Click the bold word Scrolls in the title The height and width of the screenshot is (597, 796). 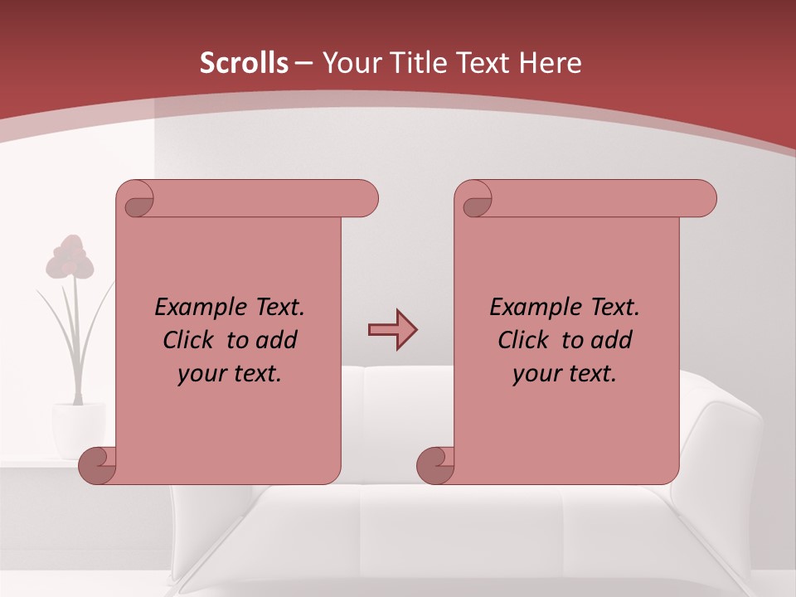pos(244,63)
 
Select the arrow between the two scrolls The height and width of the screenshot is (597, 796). pos(392,330)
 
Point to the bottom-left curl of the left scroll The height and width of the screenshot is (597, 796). pos(98,466)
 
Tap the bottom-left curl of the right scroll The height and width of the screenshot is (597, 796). pos(435,466)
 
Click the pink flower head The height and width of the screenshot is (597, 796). pos(70,257)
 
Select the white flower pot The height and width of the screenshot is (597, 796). pos(78,429)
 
